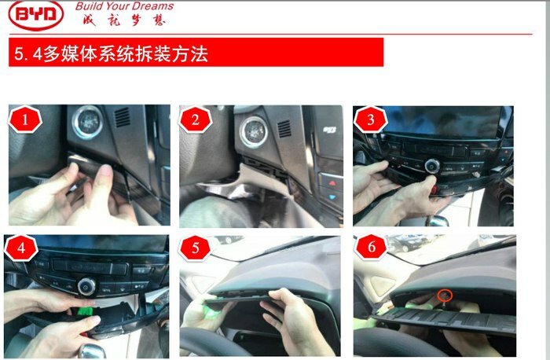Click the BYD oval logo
(x=36, y=14)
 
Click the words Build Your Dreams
(x=124, y=6)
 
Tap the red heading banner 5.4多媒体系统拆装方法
(x=196, y=52)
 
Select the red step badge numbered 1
(x=25, y=119)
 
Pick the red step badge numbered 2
(x=195, y=119)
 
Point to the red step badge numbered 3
(x=370, y=119)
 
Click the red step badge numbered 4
(x=20, y=248)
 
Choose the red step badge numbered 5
(x=195, y=248)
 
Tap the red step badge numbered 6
(x=371, y=247)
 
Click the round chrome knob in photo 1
(x=87, y=122)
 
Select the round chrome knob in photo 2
(x=254, y=132)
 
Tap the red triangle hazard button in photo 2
(x=332, y=183)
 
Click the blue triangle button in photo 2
(x=332, y=197)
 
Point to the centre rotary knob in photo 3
(x=432, y=166)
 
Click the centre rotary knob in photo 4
(x=86, y=287)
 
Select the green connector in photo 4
(x=84, y=311)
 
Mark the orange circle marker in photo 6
(x=445, y=295)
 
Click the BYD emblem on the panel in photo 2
(x=329, y=130)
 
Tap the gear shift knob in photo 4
(x=92, y=351)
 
